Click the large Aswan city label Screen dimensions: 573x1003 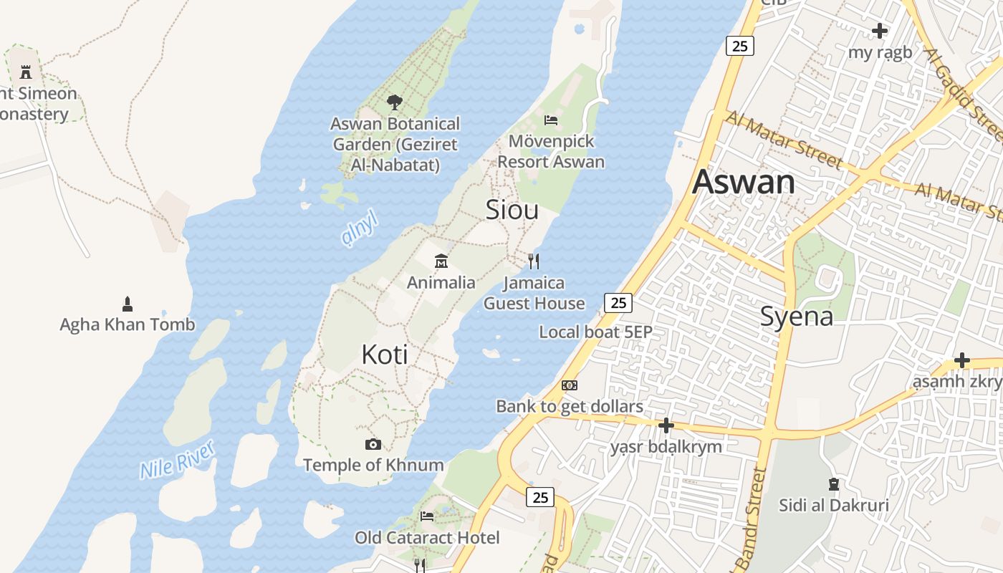point(743,182)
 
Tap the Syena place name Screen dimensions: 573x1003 point(796,316)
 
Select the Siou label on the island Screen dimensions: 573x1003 point(512,210)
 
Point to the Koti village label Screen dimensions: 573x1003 point(385,355)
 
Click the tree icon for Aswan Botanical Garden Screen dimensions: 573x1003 point(394,102)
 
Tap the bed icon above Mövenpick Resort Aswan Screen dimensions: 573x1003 point(550,120)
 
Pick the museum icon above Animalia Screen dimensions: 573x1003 point(441,261)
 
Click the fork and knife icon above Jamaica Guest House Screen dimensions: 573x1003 point(533,261)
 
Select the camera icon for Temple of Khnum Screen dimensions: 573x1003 point(373,444)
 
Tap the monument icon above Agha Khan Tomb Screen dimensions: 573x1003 point(128,304)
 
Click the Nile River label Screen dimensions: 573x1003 point(177,460)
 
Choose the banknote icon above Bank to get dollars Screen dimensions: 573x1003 point(570,385)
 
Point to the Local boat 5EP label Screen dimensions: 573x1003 point(595,332)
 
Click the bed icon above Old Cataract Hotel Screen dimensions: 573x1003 point(427,516)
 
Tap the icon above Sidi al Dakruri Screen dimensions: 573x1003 point(833,484)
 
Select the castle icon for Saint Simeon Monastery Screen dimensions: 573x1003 point(26,72)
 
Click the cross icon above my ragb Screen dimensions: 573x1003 point(880,31)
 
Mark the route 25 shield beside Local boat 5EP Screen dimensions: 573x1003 point(618,303)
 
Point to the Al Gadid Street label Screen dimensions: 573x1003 point(964,93)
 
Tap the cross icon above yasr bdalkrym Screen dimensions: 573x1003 point(666,426)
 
